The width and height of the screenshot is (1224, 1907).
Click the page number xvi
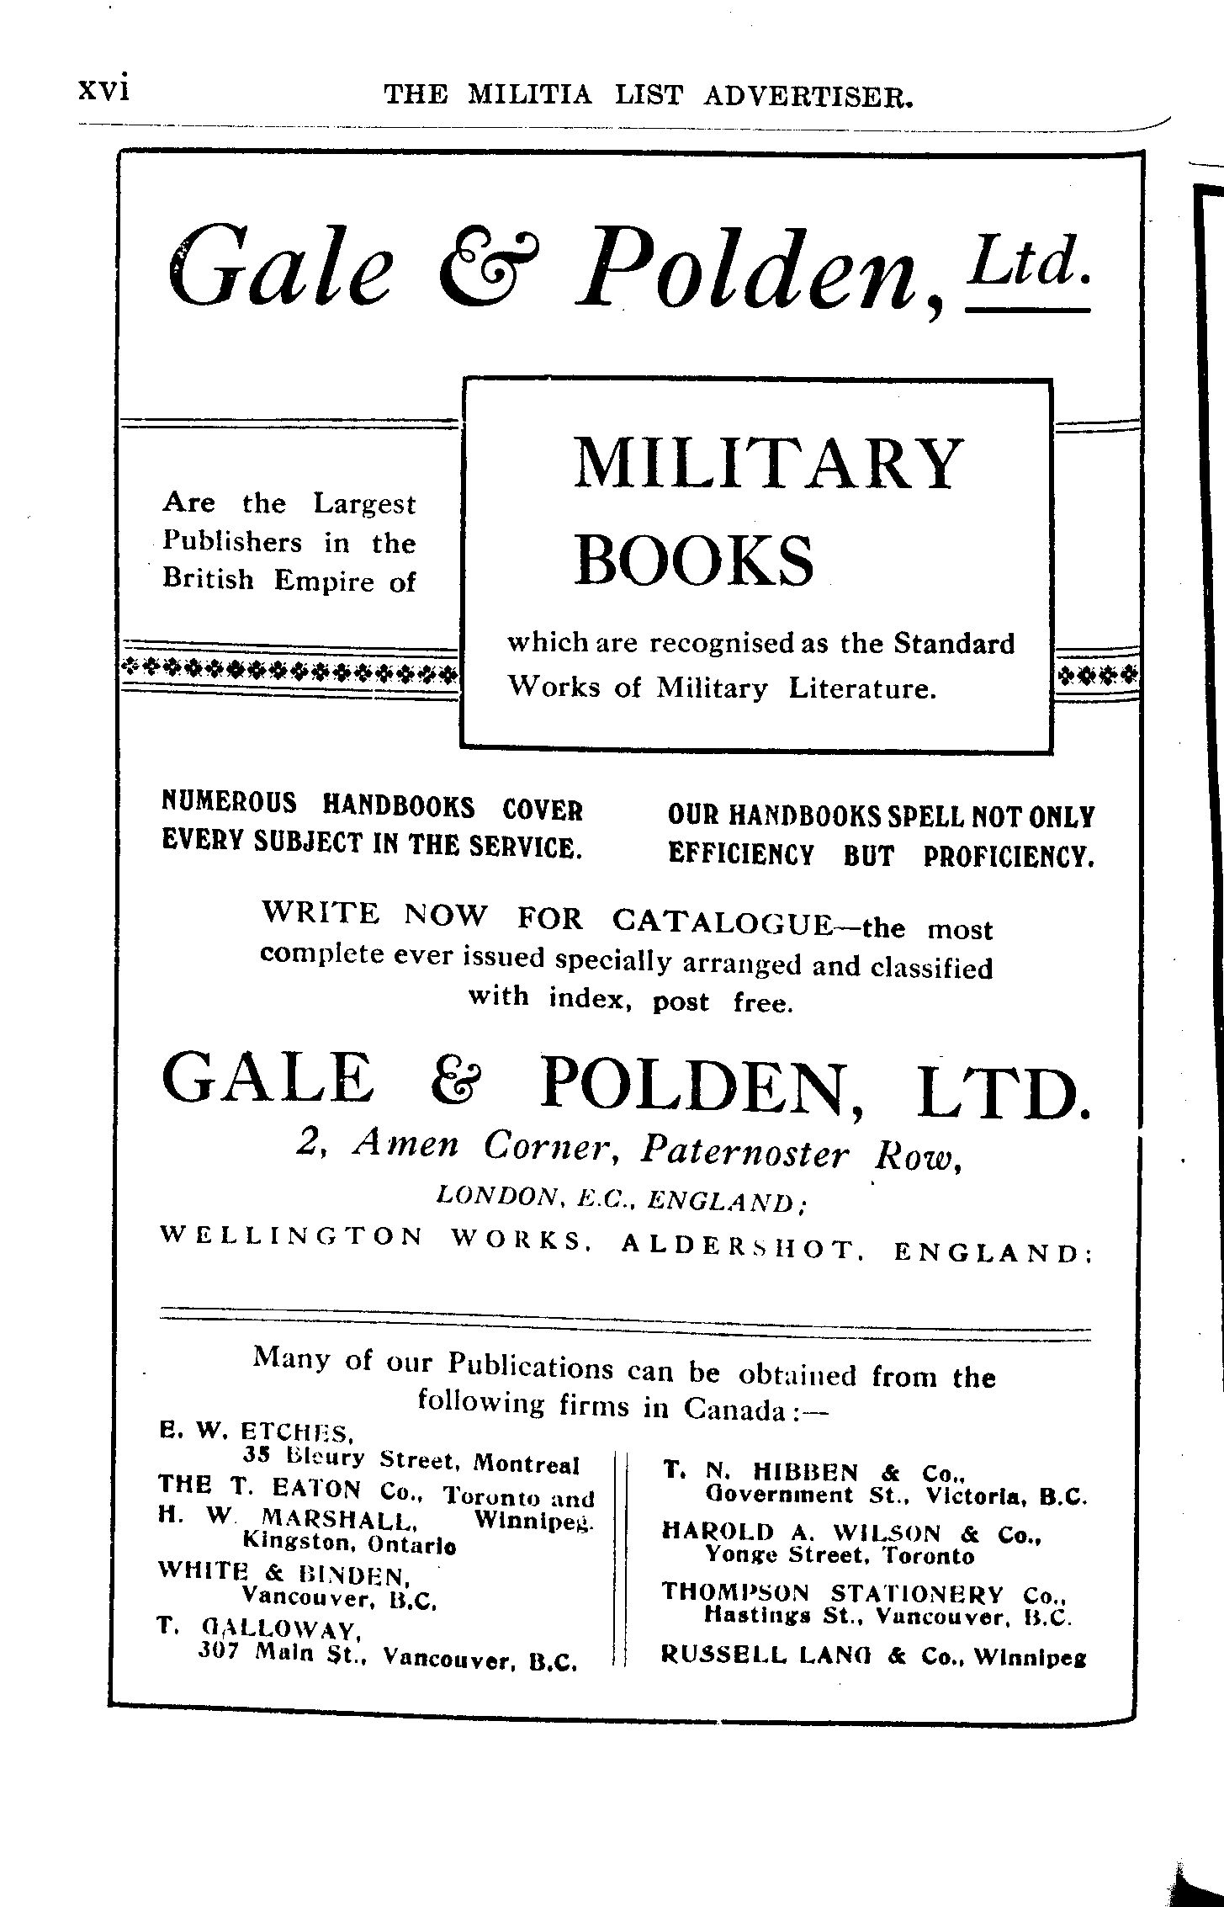[103, 89]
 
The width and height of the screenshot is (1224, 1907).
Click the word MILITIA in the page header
[529, 96]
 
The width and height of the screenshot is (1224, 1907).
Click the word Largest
[364, 504]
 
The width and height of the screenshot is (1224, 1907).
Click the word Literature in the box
[862, 689]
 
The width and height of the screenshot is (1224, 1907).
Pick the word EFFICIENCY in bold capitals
[741, 855]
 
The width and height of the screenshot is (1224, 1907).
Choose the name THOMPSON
[734, 1592]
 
